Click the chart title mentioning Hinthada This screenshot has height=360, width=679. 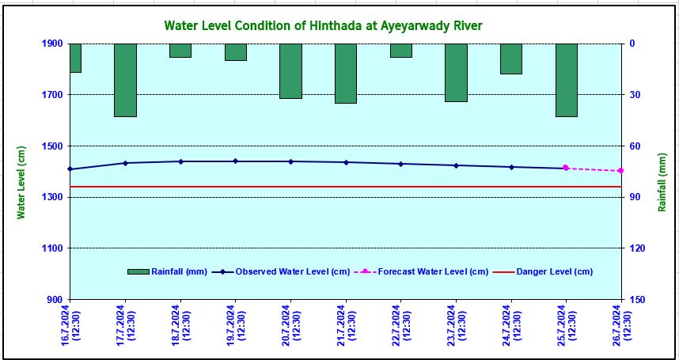323,26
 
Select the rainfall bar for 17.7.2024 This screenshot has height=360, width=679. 125,80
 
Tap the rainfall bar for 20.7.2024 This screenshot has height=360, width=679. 290,71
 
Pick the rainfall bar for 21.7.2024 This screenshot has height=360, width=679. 346,74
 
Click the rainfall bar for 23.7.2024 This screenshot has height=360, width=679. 456,73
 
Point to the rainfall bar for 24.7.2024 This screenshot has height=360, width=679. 511,59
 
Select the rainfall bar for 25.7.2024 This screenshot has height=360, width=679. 566,80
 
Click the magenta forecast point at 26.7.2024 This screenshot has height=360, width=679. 620,171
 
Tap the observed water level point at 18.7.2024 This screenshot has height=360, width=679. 180,161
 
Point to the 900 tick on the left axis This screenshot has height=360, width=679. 52,300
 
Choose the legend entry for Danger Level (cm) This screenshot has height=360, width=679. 554,272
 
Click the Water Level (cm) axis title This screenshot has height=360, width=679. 22,182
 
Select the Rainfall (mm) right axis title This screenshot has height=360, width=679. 662,182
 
